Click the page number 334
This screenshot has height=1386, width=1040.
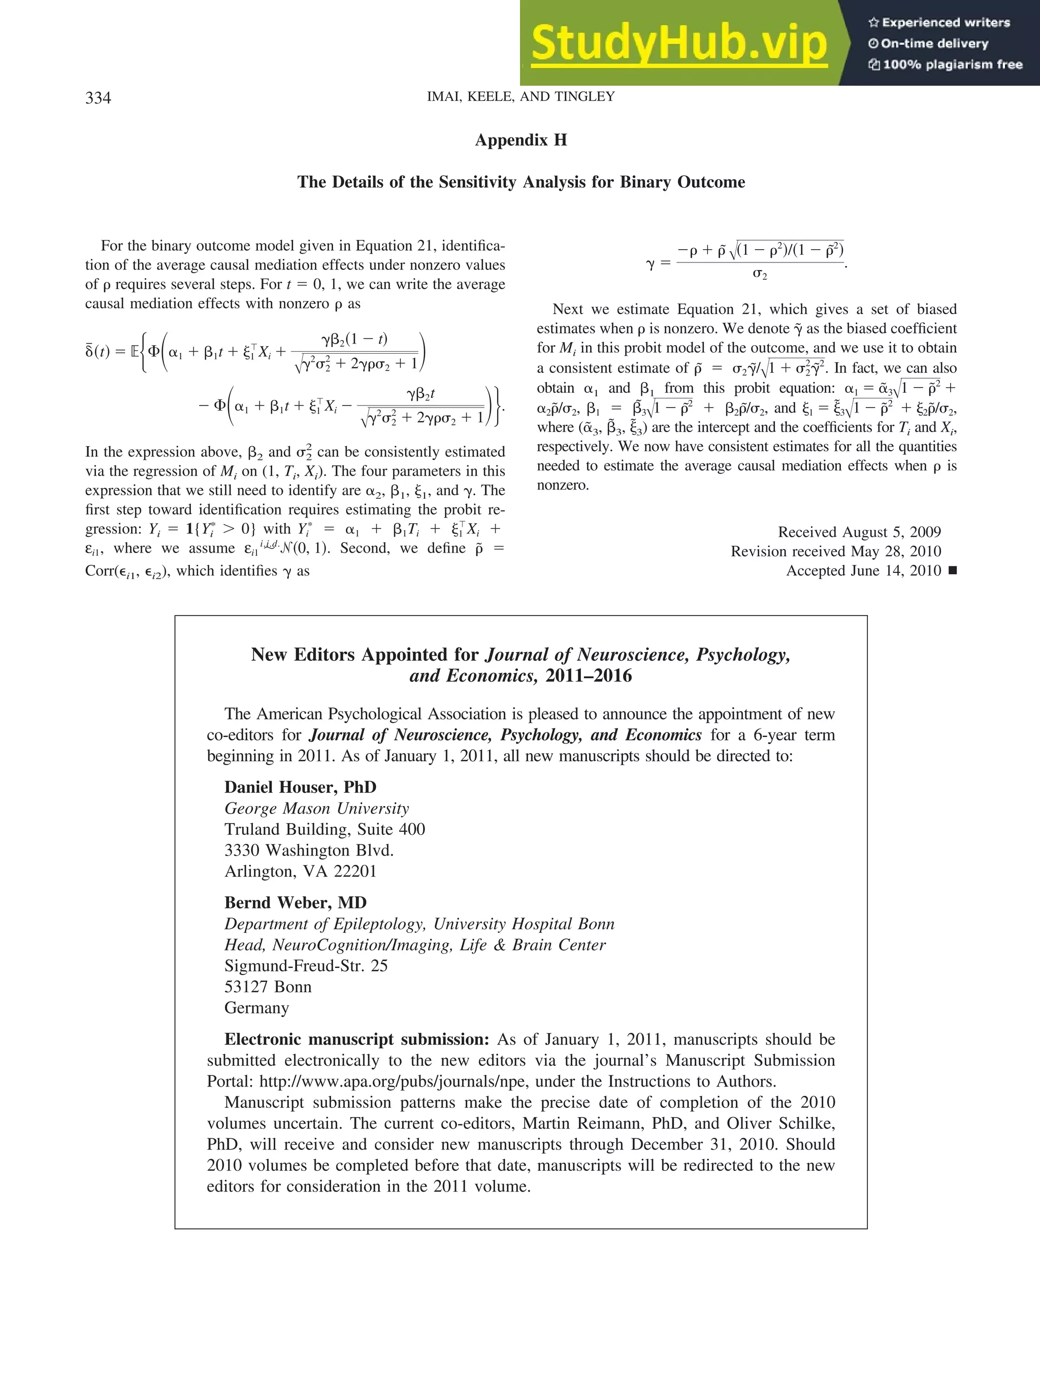[99, 98]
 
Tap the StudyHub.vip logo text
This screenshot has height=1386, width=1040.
[679, 43]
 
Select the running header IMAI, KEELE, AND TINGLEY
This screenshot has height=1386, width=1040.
[521, 96]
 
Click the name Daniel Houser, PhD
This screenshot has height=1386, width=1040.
[300, 787]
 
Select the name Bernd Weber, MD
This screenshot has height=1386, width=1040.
[295, 902]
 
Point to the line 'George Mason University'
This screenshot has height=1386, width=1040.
[316, 808]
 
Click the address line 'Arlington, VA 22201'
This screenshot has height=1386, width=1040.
[300, 871]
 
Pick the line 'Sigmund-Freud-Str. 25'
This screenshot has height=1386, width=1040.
[306, 966]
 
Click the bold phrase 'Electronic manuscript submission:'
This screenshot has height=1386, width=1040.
[356, 1039]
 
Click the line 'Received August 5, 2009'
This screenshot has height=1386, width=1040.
[859, 532]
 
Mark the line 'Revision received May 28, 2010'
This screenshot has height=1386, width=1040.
[836, 551]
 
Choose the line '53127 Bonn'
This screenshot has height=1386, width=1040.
[268, 987]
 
